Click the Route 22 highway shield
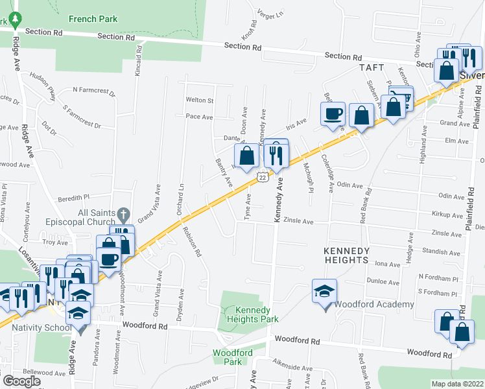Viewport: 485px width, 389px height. coord(261,177)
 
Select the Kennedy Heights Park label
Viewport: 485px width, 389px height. coord(252,314)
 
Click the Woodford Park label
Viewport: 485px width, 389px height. coord(232,357)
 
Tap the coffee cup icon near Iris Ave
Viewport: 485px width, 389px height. coord(333,114)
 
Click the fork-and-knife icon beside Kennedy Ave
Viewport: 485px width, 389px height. coord(276,154)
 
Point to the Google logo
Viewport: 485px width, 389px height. coord(21,381)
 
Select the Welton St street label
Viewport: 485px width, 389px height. coord(200,100)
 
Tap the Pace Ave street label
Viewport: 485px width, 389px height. coord(199,117)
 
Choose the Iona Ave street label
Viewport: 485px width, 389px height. coord(388,264)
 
